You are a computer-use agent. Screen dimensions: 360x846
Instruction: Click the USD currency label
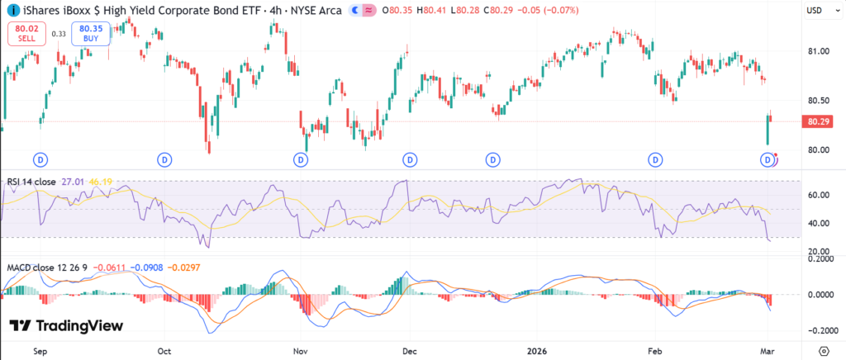(814, 10)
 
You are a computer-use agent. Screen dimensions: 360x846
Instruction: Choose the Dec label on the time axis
(410, 349)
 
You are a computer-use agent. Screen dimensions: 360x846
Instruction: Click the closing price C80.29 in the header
(497, 10)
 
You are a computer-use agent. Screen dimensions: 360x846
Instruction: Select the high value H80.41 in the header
(430, 10)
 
